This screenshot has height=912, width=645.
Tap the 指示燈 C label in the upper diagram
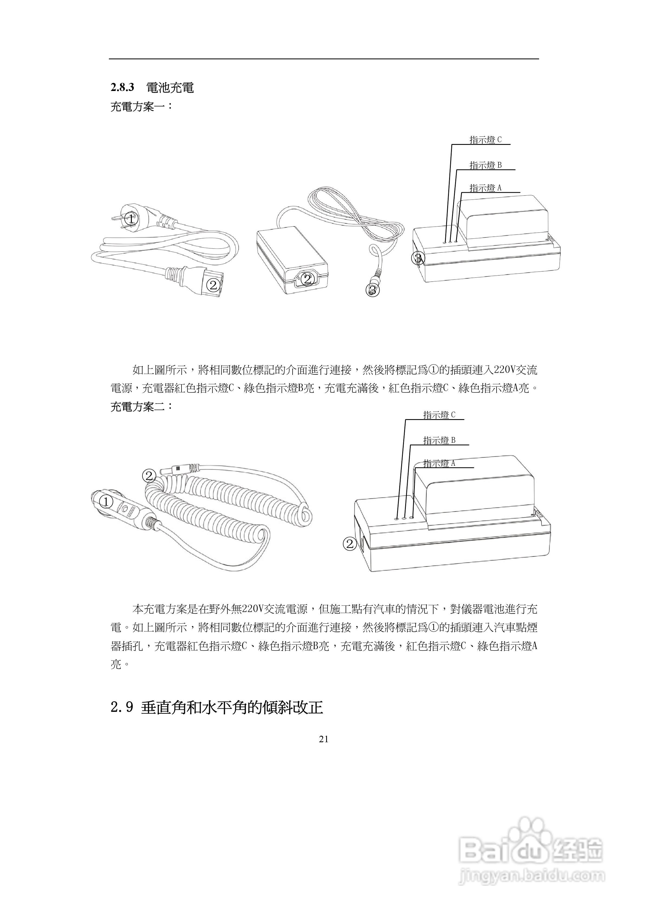point(485,140)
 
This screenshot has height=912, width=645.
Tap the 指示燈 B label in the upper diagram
point(485,165)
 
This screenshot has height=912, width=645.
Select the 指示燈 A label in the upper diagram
point(485,188)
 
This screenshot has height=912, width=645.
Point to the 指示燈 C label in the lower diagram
point(439,415)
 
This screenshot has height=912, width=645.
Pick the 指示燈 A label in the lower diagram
point(439,463)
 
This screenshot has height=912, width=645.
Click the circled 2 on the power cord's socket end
point(213,285)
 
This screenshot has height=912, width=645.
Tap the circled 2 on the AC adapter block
point(307,279)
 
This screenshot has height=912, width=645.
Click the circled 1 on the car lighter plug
point(106,502)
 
